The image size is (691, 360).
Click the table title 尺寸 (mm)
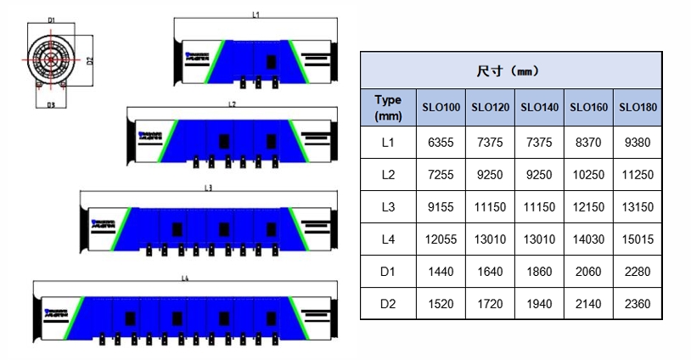coord(510,70)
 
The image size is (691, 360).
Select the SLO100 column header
coord(441,108)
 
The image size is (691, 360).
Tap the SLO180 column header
coord(637,108)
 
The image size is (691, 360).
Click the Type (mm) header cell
coord(388,108)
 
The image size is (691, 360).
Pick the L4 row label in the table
coord(388,239)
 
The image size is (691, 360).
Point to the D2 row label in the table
coord(388,303)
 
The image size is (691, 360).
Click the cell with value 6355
coord(441,142)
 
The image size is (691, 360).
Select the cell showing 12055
coord(441,239)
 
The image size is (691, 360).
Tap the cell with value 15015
coord(637,239)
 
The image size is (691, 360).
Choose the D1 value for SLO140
coord(539,272)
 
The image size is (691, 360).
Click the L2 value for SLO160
coord(587,175)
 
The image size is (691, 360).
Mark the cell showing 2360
coord(637,303)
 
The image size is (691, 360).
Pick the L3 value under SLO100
coord(441,207)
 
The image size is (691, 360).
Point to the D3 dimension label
coord(51,104)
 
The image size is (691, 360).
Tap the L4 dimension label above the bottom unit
coord(185,278)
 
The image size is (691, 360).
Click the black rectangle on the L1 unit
coord(272,62)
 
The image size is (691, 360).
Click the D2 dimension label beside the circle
coord(89,60)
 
